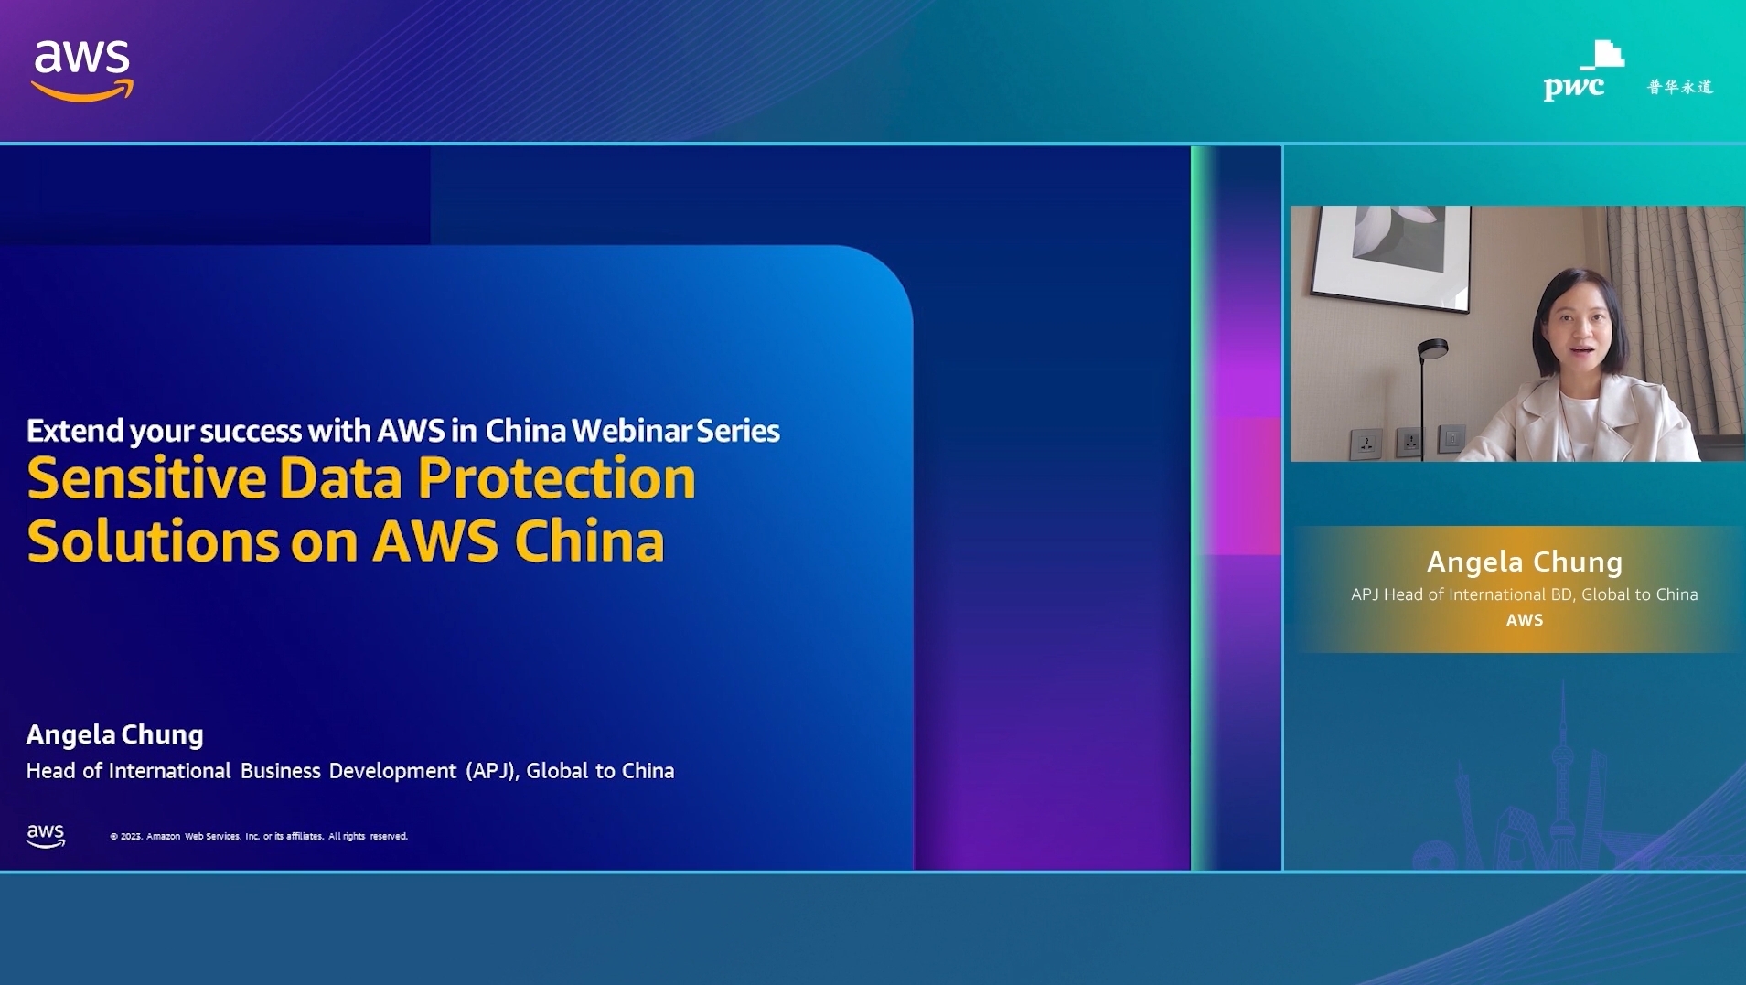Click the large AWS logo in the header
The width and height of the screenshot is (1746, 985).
(x=82, y=70)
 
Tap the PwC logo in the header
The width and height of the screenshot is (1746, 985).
(x=1583, y=70)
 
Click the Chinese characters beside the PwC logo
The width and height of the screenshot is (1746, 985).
(x=1680, y=87)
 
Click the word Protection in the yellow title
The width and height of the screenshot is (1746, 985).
(x=556, y=478)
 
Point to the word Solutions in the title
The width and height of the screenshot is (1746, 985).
(x=153, y=541)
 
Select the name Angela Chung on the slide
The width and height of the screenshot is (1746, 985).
(x=115, y=734)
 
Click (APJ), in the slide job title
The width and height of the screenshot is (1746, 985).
(x=492, y=771)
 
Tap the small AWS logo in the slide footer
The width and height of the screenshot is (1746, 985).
(x=46, y=835)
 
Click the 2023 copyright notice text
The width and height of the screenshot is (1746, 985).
(x=259, y=836)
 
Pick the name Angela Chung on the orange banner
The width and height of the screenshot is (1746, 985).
(x=1525, y=562)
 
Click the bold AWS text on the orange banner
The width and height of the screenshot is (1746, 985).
(x=1525, y=620)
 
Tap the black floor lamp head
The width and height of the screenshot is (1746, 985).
(x=1432, y=348)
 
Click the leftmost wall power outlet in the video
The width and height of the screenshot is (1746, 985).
(x=1366, y=444)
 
